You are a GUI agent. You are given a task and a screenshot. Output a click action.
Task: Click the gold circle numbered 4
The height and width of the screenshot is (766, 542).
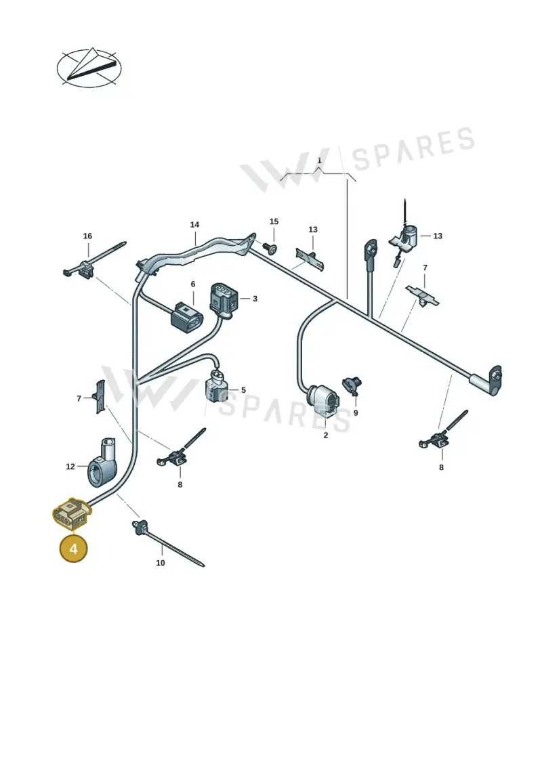click(x=73, y=549)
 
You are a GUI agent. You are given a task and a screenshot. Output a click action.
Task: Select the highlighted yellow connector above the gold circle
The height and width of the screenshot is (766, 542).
click(x=71, y=514)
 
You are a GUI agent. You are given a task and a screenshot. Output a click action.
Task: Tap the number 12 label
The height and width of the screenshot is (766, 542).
click(x=70, y=467)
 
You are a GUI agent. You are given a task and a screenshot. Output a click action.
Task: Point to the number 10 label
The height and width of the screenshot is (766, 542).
click(x=161, y=563)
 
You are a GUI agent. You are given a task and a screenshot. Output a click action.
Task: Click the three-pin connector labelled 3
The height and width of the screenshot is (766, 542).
click(x=224, y=299)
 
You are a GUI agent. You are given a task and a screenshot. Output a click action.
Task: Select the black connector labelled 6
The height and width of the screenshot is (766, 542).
click(x=186, y=318)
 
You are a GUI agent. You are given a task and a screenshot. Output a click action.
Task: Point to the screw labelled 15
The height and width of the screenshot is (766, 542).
click(x=269, y=248)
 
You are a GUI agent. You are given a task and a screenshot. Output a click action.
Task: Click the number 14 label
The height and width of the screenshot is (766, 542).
click(x=194, y=225)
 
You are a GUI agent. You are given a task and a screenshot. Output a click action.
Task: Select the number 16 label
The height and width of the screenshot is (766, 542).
click(x=87, y=236)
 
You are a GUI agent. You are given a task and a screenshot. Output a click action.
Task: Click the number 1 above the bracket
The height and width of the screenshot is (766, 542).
click(x=320, y=161)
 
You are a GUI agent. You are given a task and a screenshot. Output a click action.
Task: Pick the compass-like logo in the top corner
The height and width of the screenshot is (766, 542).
click(x=89, y=68)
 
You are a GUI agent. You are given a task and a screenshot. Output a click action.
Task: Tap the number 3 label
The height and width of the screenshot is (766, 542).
click(x=255, y=299)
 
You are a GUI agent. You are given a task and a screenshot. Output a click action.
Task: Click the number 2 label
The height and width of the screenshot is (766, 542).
click(x=326, y=435)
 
